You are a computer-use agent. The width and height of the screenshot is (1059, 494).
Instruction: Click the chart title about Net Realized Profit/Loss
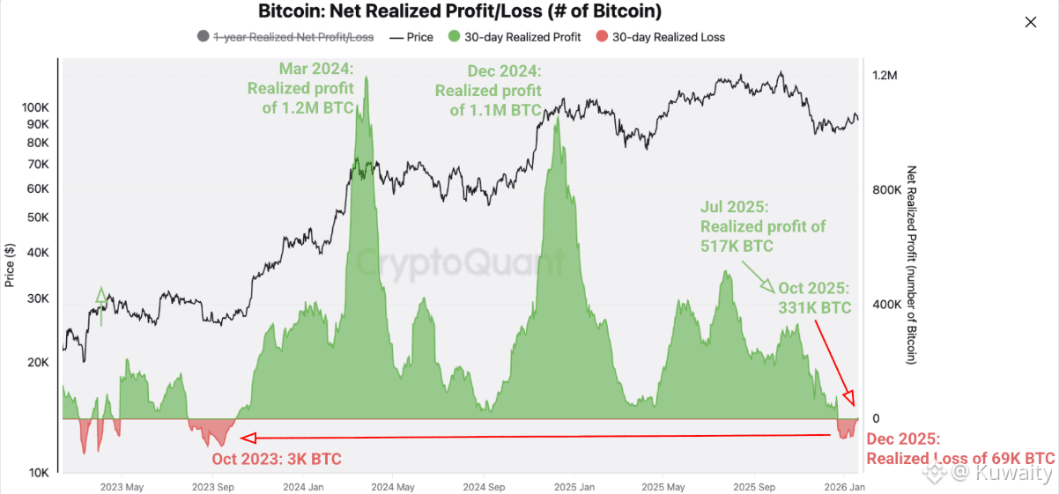[460, 12]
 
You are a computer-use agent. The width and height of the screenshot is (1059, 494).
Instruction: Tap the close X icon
[1031, 22]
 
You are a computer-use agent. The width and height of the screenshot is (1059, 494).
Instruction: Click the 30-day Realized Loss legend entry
[662, 37]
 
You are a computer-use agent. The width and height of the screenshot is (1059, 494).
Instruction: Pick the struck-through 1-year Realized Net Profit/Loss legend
[286, 37]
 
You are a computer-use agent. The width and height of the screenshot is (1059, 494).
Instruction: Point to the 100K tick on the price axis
[35, 107]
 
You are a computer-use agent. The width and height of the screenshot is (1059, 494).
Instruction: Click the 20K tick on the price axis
[38, 362]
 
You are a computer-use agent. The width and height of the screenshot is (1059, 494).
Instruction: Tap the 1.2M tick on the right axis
[884, 76]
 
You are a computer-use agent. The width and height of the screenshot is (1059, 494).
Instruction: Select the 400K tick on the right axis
[885, 305]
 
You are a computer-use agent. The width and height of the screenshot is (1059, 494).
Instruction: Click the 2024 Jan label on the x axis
[302, 486]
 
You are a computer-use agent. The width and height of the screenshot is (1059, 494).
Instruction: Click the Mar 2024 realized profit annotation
[300, 88]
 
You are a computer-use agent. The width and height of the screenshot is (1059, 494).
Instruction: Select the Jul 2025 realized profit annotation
[763, 226]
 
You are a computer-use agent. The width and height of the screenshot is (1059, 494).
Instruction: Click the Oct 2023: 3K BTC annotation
[276, 459]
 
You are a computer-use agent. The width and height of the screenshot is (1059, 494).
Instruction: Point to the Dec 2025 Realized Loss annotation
[960, 449]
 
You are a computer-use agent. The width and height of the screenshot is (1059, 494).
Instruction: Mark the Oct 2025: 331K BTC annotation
[814, 298]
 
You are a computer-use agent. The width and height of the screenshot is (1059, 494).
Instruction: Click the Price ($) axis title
[10, 264]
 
